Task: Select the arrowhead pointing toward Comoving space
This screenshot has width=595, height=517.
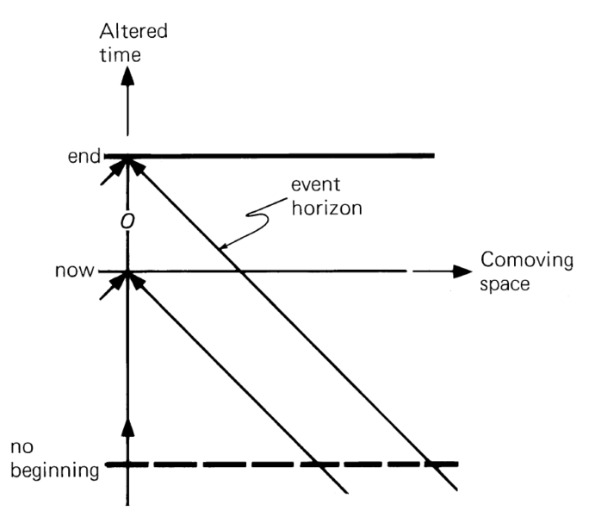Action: point(460,271)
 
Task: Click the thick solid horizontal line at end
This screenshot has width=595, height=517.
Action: point(284,157)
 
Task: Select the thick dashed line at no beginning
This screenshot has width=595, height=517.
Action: point(284,464)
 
